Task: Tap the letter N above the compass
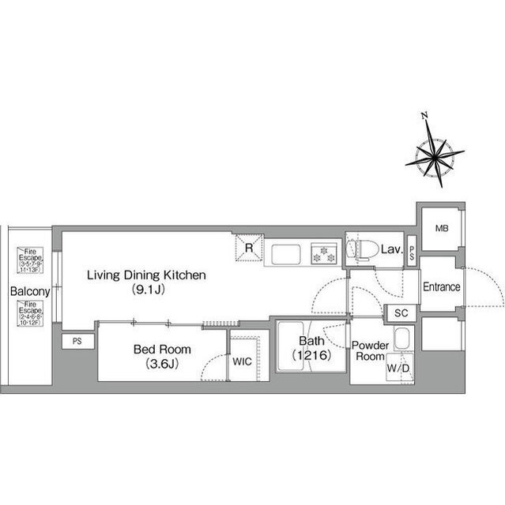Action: coord(425,116)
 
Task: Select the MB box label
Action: coord(440,229)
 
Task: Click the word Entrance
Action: coord(441,287)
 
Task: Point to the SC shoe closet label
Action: coord(401,313)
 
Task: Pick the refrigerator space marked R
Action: coord(248,247)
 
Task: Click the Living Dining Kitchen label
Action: coord(146,275)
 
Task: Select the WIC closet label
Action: coord(242,362)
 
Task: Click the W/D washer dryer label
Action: coord(397,368)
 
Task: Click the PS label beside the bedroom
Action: coord(77,341)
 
